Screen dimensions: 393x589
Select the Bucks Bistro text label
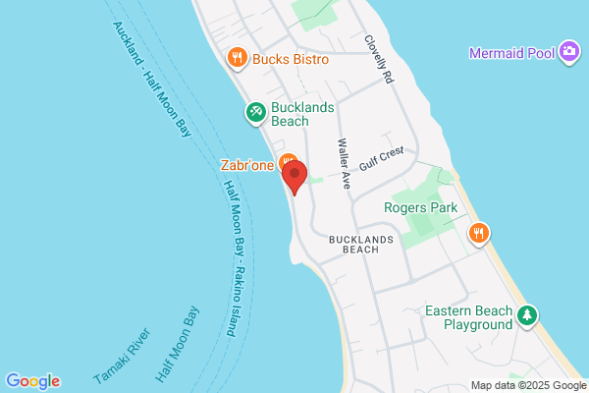click(x=290, y=60)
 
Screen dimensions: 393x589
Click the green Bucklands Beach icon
click(x=254, y=113)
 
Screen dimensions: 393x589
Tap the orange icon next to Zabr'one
click(x=287, y=161)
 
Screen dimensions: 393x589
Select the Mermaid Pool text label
click(x=511, y=52)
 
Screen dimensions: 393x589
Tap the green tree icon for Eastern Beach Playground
click(x=529, y=315)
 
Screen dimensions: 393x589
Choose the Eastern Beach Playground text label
click(x=468, y=317)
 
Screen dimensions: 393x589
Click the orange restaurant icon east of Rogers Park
click(x=479, y=233)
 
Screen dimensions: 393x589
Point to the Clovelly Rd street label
click(x=378, y=60)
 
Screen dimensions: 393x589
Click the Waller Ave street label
click(x=345, y=163)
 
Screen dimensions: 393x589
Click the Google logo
click(x=32, y=381)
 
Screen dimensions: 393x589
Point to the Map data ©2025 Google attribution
click(x=526, y=385)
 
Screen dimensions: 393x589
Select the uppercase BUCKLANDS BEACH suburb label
click(x=361, y=244)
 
